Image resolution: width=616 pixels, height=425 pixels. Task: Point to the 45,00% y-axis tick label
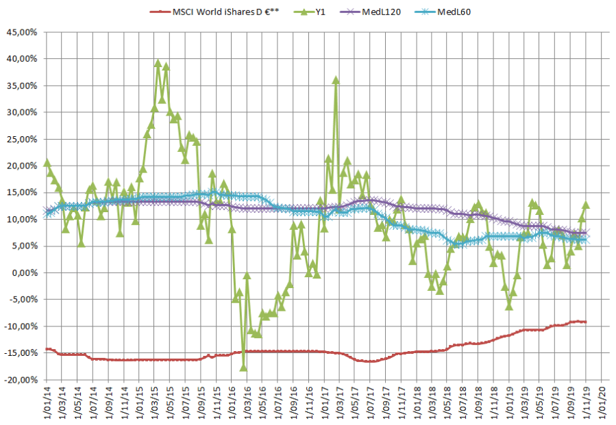coord(23,32)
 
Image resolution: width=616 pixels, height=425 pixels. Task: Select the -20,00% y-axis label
coord(21,380)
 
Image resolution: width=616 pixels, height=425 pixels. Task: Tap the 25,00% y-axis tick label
coord(23,139)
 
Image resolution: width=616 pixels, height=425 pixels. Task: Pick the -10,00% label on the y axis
coord(21,326)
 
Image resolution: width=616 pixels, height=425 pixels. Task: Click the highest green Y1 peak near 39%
coord(158,63)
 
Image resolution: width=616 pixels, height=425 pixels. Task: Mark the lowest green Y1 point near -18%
coord(243,367)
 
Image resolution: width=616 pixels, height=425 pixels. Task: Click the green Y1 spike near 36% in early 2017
coord(336,80)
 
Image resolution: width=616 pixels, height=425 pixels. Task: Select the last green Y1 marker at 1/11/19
coord(586,205)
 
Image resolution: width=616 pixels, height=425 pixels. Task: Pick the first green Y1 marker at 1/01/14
coord(46,163)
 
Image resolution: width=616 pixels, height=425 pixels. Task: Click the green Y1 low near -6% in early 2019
coord(509,306)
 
